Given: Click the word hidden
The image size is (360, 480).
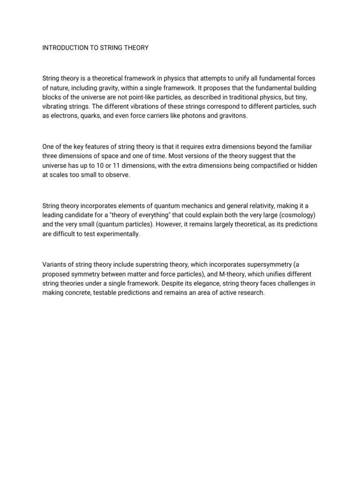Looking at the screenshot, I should (x=306, y=165).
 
